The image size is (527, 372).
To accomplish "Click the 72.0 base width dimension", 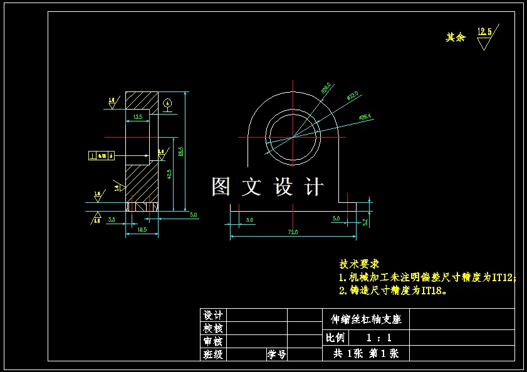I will (x=293, y=232).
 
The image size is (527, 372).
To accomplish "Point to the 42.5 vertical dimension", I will (x=169, y=174).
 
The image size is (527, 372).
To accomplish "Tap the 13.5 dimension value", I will (x=138, y=116).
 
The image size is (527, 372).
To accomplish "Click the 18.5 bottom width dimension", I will (x=141, y=230).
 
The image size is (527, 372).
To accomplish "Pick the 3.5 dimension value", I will (x=112, y=219).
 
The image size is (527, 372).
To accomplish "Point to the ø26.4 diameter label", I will (x=365, y=116).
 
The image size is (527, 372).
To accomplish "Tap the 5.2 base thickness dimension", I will (x=365, y=221).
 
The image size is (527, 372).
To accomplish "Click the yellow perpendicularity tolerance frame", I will (x=101, y=155).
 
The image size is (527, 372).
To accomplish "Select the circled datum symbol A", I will (x=167, y=103).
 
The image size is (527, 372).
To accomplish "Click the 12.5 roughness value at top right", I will (x=484, y=31).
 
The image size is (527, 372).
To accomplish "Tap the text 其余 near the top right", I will (x=456, y=38).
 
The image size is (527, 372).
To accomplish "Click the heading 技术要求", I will (x=359, y=264).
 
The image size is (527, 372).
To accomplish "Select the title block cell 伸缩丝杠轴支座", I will (x=366, y=319).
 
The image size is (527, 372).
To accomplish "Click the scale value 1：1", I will (x=379, y=338).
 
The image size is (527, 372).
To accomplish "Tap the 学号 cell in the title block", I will (x=277, y=354).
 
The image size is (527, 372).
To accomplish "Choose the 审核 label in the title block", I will (x=212, y=341).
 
